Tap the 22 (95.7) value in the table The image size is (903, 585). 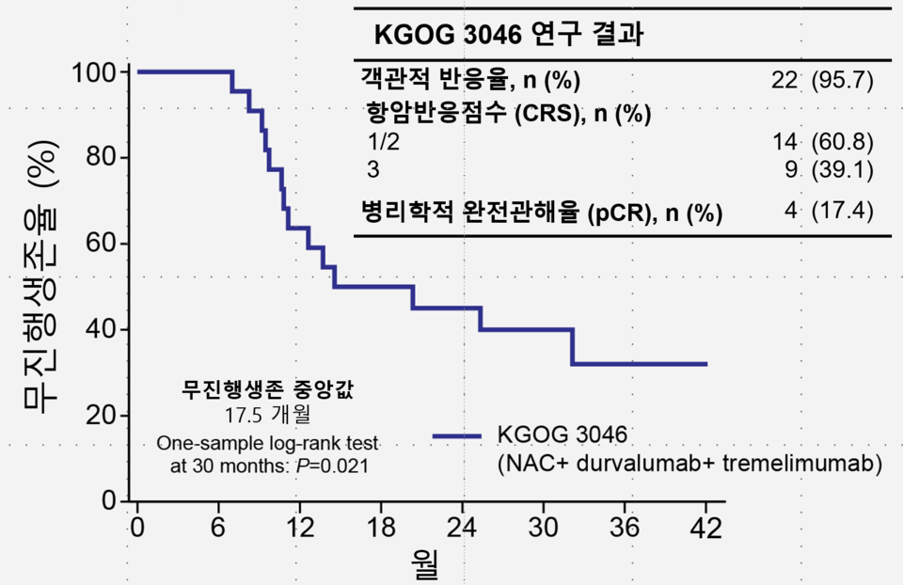pyautogui.click(x=823, y=80)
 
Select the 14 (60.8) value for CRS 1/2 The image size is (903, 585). pyautogui.click(x=823, y=143)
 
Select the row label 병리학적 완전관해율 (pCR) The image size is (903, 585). pyautogui.click(x=542, y=213)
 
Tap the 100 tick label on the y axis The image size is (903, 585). pyautogui.click(x=96, y=72)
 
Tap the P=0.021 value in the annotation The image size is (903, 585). pyautogui.click(x=329, y=465)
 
